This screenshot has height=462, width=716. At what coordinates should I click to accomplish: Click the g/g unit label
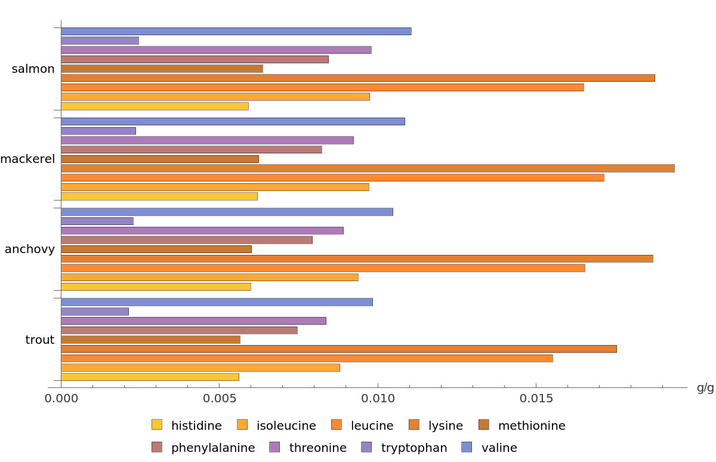[x=705, y=388]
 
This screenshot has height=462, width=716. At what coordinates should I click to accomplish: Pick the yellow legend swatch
[x=156, y=424]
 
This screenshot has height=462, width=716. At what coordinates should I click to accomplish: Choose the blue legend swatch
[x=467, y=446]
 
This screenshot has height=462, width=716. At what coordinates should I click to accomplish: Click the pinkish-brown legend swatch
[x=156, y=446]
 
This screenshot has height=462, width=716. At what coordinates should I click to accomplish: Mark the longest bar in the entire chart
[x=368, y=168]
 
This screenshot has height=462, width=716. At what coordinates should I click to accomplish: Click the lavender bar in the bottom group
[x=95, y=312]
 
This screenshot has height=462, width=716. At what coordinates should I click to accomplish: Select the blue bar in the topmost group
[x=236, y=31]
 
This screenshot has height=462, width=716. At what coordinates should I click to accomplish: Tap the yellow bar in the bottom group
[x=150, y=377]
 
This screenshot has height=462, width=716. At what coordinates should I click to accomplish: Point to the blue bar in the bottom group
[x=217, y=302]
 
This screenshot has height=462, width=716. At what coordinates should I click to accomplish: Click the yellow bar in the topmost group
[x=155, y=106]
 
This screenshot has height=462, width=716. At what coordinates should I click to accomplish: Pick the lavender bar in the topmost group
[x=100, y=41]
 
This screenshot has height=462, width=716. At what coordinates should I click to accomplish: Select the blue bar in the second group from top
[x=233, y=121]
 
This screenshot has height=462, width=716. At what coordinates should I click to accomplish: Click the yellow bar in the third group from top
[x=156, y=287]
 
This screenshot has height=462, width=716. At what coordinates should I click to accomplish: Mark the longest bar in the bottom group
[x=339, y=349]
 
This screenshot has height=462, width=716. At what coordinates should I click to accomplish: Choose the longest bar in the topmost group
[x=358, y=78]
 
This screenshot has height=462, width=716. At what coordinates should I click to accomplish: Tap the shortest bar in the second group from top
[x=98, y=131]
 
